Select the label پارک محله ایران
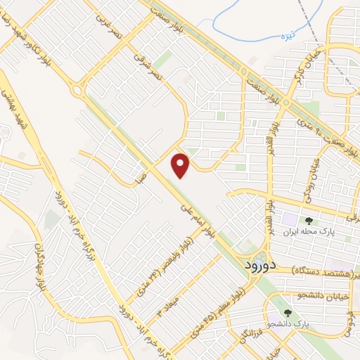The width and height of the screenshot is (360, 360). pyautogui.click(x=327, y=231)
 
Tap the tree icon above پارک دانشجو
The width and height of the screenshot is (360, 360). pyautogui.click(x=286, y=312)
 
